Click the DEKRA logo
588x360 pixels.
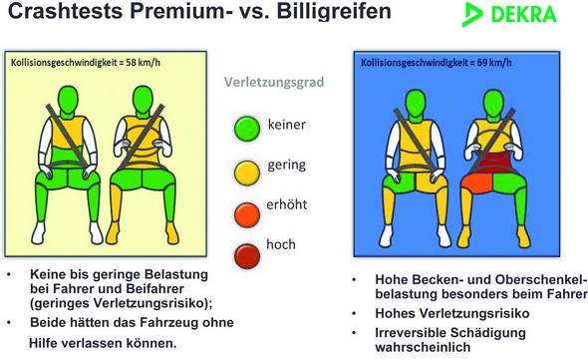point(509,14)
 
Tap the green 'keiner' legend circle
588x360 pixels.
point(247,129)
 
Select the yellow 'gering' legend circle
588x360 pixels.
point(247,174)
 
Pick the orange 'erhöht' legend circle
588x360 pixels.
point(247,214)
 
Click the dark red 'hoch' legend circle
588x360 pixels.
point(247,256)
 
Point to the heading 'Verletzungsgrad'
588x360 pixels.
point(274,82)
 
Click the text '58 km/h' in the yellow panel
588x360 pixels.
point(143,62)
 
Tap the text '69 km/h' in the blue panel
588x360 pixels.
point(494,62)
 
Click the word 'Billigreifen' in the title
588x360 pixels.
point(334,11)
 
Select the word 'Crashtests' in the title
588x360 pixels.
point(65,11)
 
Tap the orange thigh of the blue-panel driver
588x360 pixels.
point(476,183)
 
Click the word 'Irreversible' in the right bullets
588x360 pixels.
point(411,333)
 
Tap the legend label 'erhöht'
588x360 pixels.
point(286,204)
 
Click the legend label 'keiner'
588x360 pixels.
point(286,125)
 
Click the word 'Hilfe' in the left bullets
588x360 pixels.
point(43,343)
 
